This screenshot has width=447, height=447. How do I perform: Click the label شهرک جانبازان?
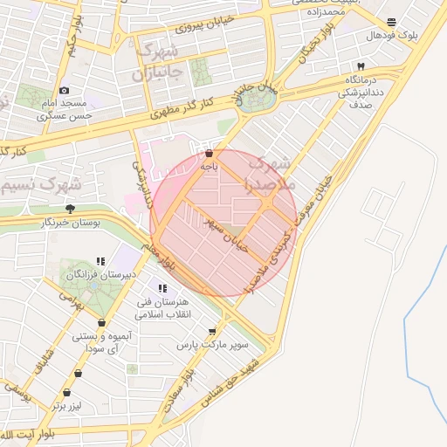coord(161,60)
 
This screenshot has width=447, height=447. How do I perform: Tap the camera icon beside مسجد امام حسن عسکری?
coord(64,91)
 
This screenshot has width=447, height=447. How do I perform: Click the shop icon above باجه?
coord(208,153)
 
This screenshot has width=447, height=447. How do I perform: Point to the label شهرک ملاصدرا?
coord(272,174)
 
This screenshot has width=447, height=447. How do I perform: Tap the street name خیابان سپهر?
coord(229,233)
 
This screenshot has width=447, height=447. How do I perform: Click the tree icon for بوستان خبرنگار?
coord(70,209)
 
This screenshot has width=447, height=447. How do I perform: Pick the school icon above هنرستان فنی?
coord(162,289)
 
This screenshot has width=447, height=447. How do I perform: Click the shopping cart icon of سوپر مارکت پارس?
coord(212,332)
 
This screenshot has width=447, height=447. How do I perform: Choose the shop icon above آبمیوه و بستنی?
coord(103,322)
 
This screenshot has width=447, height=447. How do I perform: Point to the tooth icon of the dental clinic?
coord(360,66)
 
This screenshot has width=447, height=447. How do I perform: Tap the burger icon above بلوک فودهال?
coord(390,22)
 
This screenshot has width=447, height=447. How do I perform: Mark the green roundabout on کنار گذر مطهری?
coord(256,99)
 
